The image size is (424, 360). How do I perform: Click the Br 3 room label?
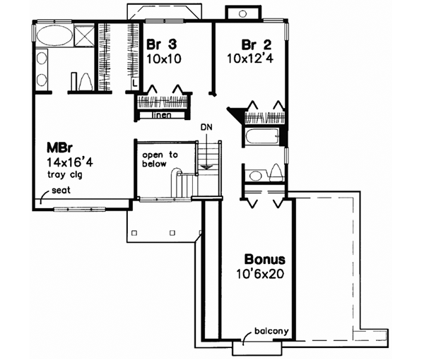160,44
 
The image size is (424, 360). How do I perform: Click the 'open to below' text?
155,160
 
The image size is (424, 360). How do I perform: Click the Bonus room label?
266,260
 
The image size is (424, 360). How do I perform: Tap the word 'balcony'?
269,332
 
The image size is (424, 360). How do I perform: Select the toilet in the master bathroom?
79,80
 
